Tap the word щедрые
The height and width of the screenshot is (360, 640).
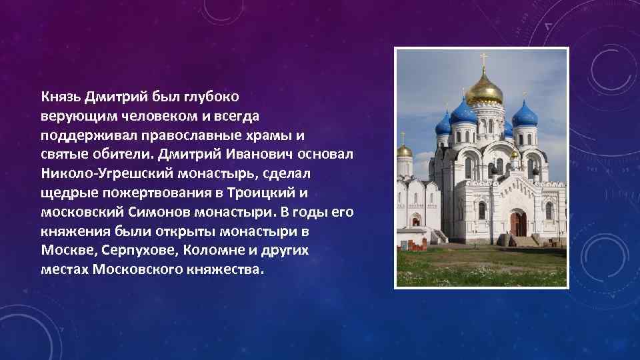point(66,193)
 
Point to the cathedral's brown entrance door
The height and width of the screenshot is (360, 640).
point(518,224)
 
